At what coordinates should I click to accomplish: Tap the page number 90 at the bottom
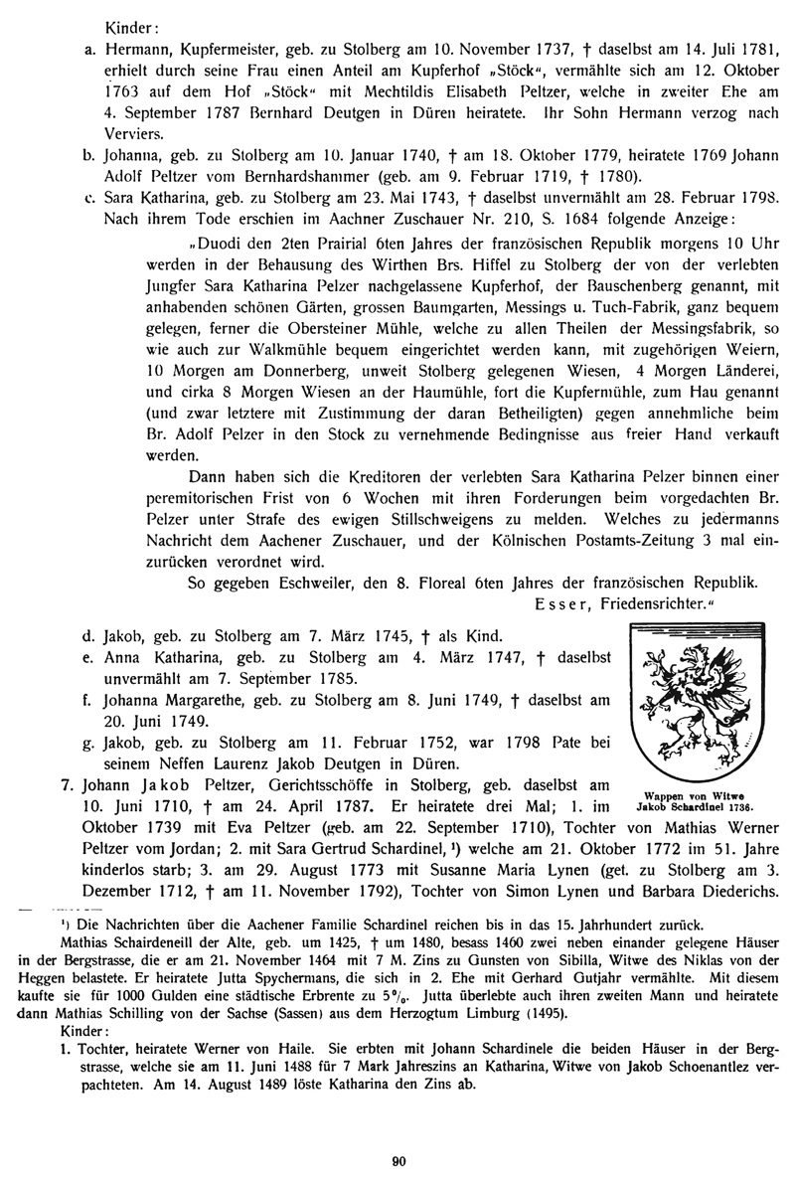pyautogui.click(x=397, y=1157)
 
